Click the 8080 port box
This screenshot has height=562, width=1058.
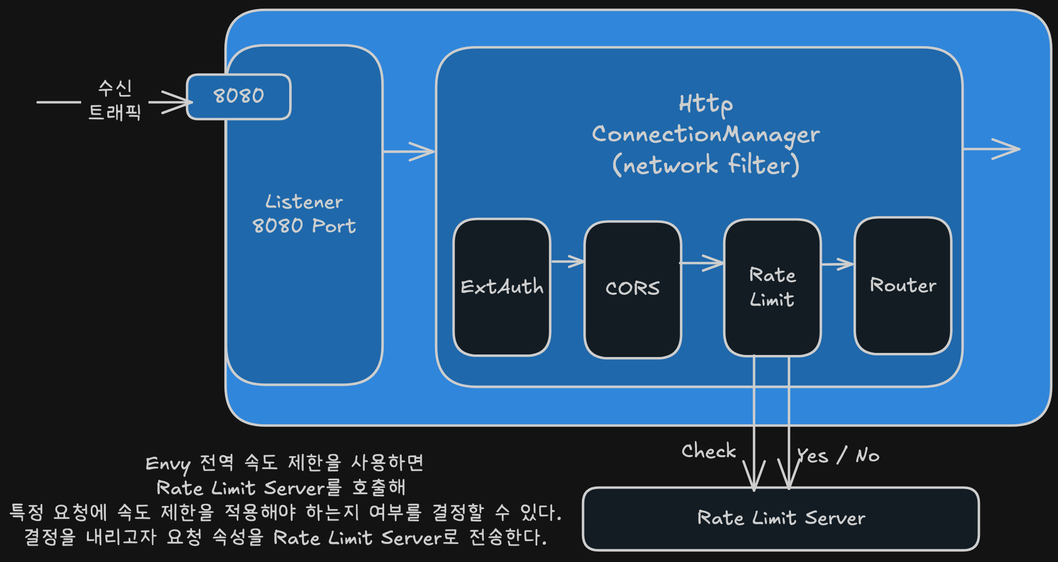click(239, 97)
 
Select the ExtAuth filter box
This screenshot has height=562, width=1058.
click(502, 287)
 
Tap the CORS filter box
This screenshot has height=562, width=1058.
click(633, 290)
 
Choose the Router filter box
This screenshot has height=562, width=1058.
click(903, 286)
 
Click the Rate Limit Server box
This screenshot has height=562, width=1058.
click(781, 519)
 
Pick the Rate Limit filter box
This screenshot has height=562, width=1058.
click(772, 288)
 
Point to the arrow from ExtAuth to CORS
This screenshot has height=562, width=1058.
click(568, 261)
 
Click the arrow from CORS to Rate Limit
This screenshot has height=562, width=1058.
click(702, 263)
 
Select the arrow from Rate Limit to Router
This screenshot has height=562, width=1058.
click(838, 265)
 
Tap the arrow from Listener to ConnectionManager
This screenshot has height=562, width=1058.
click(409, 152)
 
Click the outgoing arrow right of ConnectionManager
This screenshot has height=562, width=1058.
click(992, 149)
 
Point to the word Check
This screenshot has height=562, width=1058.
click(709, 451)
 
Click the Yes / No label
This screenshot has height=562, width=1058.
click(838, 455)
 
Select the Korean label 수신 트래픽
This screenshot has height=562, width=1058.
click(115, 100)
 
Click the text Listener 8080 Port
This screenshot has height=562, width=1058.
click(304, 214)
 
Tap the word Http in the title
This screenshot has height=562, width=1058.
click(706, 104)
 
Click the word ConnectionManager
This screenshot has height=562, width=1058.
click(706, 135)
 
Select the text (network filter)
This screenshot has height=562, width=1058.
click(706, 165)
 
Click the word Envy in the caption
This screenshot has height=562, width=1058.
click(168, 464)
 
